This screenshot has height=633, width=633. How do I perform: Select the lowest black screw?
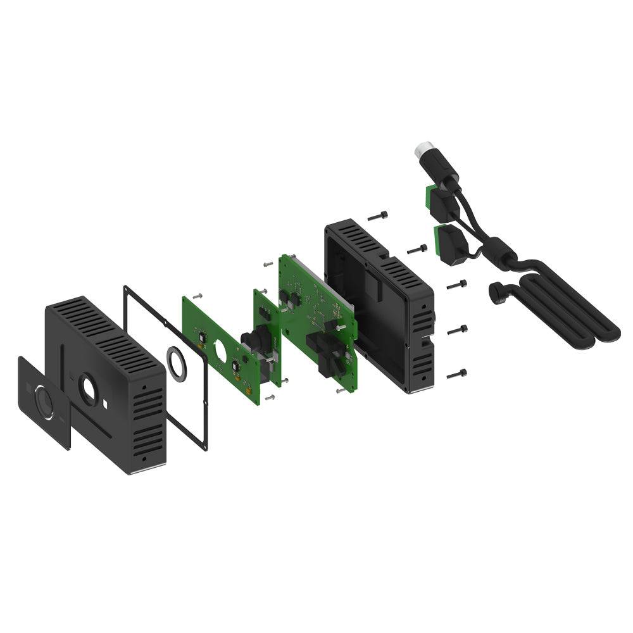click(456, 374)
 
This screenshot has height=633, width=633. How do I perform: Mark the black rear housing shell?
click(380, 304)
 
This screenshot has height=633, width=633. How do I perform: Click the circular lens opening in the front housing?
click(87, 390)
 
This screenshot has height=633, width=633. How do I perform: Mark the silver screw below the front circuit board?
click(270, 397)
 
